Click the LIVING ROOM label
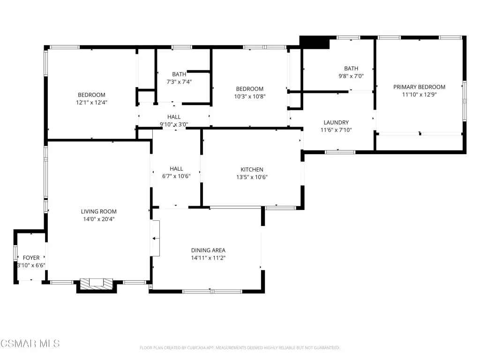tap(98, 211)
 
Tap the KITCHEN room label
tap(252, 170)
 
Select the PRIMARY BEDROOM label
tap(419, 87)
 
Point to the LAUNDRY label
tap(336, 122)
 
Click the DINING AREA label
tap(208, 250)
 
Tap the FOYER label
tap(31, 258)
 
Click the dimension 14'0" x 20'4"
tap(98, 219)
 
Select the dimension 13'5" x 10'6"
tap(252, 177)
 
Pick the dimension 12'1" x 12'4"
tap(91, 103)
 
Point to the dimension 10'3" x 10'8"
tap(250, 97)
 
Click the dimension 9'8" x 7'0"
tap(351, 76)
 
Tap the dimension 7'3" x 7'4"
tap(179, 82)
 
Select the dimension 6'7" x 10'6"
tap(176, 176)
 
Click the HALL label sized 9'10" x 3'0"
tap(174, 117)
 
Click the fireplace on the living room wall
tap(97, 285)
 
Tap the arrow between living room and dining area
tap(156, 239)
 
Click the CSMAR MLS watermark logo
tap(30, 344)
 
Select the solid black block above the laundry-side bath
tap(315, 42)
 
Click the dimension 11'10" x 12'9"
tap(419, 95)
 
